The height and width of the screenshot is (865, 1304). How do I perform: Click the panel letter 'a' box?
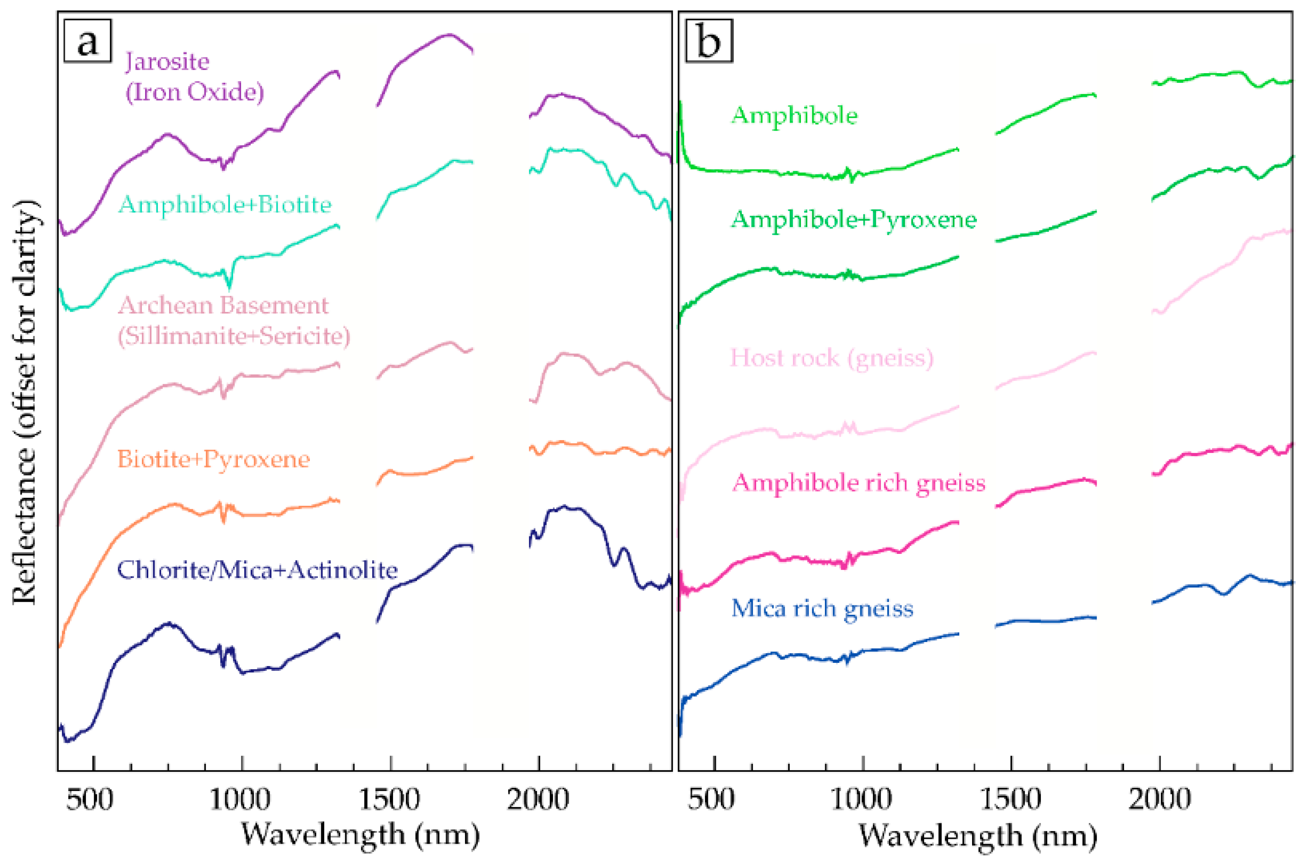88,41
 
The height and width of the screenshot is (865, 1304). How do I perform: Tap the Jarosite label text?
168,61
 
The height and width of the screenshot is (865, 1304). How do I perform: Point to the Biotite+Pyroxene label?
213,459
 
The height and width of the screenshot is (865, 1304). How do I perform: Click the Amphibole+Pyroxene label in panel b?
854,219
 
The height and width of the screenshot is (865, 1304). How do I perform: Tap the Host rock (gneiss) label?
831,358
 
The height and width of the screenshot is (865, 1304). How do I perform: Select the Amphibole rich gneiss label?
858,483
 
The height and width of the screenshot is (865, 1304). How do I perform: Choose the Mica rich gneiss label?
822,609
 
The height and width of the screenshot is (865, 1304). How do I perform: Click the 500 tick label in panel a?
90,800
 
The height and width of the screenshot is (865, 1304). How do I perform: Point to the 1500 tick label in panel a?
389,800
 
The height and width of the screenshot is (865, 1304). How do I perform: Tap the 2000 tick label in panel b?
1160,800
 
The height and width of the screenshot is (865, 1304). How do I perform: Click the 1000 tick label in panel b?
861,800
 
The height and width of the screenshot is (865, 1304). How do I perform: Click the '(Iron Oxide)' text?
194,92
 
